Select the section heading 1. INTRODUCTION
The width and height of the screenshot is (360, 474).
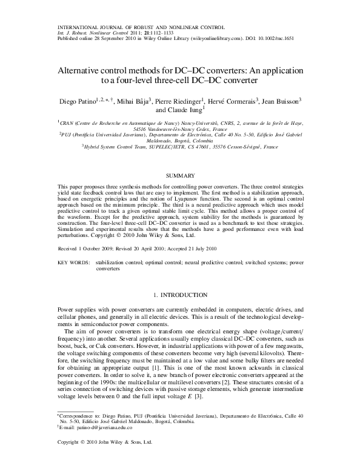[179, 294]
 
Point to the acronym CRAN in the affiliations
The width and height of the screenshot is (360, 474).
[65, 122]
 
